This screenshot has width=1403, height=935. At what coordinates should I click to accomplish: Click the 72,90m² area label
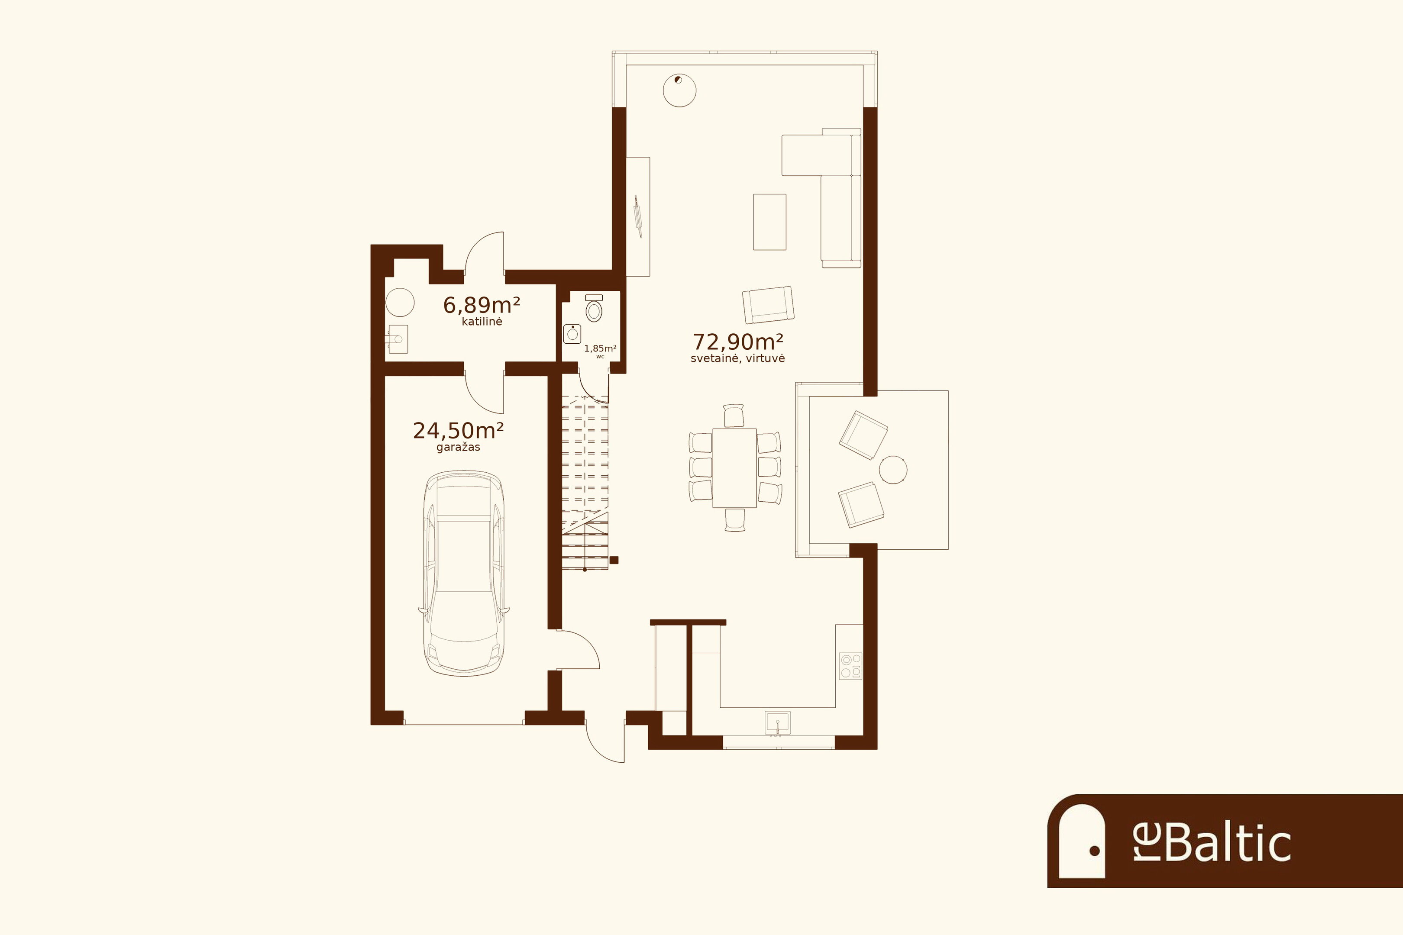[x=738, y=342]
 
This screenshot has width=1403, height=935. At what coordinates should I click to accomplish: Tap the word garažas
[x=458, y=447]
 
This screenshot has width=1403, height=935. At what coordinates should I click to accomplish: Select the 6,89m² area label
[x=482, y=305]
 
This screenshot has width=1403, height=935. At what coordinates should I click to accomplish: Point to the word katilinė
[x=482, y=321]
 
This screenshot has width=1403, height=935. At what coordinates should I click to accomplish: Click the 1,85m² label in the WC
[x=600, y=348]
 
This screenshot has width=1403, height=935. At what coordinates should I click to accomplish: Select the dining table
[x=734, y=468]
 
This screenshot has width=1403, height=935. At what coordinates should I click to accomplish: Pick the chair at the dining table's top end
[x=734, y=416]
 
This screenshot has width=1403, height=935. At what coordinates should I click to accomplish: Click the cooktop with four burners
[x=850, y=666]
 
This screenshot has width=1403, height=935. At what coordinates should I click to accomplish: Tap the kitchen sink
[x=778, y=723]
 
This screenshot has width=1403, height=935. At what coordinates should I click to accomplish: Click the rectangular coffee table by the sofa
[x=769, y=222]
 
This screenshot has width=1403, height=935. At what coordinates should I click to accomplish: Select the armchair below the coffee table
[x=768, y=305]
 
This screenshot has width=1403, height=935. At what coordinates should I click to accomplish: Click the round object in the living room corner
[x=679, y=90]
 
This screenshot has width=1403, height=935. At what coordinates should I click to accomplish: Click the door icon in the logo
[x=1082, y=841]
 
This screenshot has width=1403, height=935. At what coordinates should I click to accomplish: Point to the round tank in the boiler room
[x=400, y=302]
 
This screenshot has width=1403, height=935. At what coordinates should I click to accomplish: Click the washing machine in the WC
[x=572, y=334]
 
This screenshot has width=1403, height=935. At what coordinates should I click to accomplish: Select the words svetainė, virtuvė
[x=738, y=358]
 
